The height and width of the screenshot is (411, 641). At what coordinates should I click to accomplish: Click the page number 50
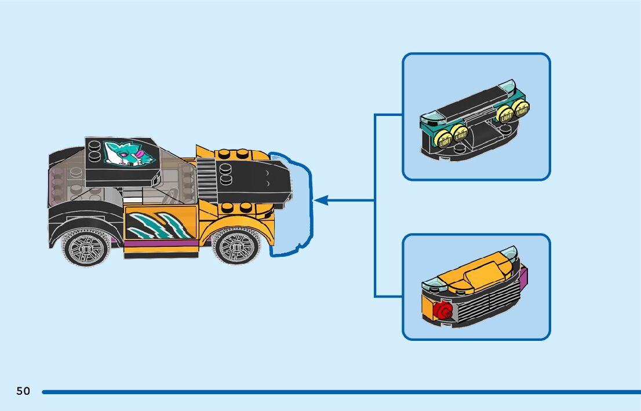click(x=23, y=391)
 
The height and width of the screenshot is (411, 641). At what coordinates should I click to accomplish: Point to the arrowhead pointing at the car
click(x=320, y=201)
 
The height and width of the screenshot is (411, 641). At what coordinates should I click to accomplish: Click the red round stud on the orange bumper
click(x=445, y=311)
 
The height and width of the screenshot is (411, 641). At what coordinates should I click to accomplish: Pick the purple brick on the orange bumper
click(x=523, y=278)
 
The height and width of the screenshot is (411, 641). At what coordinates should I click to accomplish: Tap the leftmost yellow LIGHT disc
click(x=445, y=138)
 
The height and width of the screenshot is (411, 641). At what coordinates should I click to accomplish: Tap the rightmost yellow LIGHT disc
click(x=522, y=108)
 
